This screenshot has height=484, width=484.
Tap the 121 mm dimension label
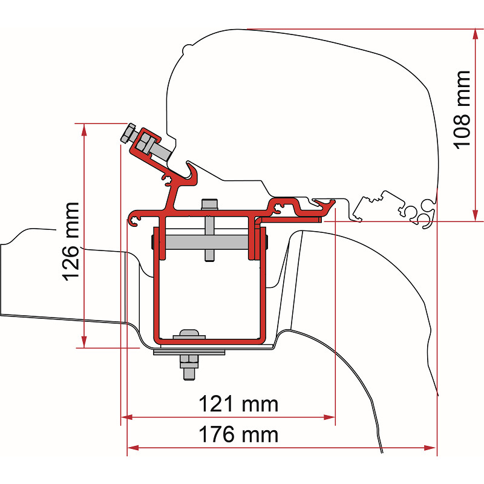[238, 404]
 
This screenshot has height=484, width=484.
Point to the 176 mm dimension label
[238, 434]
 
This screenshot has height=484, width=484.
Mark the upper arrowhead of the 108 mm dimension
[476, 34]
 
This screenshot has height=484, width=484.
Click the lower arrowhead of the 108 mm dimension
[476, 215]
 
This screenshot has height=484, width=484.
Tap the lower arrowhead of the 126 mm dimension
[84, 342]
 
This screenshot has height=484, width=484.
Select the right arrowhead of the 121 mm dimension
[329, 417]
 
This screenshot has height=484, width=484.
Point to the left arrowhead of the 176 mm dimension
[133, 448]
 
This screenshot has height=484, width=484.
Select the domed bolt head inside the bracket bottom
[189, 334]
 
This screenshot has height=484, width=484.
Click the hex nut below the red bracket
[189, 361]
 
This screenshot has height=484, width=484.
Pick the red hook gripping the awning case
[191, 173]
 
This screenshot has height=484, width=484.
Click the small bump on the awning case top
[188, 48]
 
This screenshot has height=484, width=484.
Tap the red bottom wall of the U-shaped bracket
[209, 341]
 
